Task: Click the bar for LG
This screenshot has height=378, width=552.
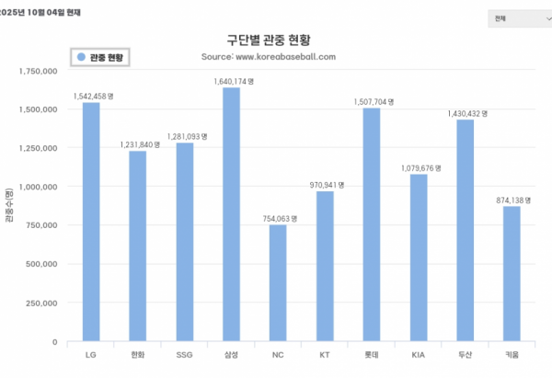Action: coord(91,222)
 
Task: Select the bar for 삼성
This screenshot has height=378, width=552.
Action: coord(231,214)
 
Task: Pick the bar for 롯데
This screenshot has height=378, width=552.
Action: coord(372,224)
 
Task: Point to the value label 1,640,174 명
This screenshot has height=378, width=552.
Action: coord(233,81)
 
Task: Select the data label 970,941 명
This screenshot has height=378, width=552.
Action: coord(326,185)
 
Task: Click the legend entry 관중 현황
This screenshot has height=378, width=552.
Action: coord(100,57)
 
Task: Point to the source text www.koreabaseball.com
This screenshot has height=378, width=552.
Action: coord(280,56)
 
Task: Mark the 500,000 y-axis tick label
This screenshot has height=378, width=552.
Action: coord(40,264)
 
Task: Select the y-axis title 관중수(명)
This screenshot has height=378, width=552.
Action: coord(9,206)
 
